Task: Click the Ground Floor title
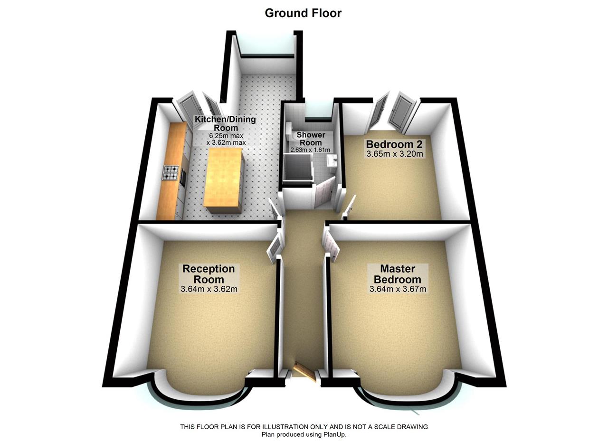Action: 303,13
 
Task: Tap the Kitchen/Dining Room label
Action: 225,123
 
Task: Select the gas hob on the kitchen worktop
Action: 171,173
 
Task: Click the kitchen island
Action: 223,177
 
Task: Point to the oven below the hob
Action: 183,177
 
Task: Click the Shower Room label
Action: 311,139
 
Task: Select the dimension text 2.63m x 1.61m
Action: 310,150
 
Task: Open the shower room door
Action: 325,193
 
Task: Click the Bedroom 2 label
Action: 394,144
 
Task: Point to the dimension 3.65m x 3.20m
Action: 394,154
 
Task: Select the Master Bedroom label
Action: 397,274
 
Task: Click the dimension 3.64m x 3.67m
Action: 398,289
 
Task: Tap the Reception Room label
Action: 209,274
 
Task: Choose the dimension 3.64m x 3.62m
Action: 209,289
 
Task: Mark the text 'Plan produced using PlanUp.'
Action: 304,434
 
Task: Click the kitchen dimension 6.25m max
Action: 226,135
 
